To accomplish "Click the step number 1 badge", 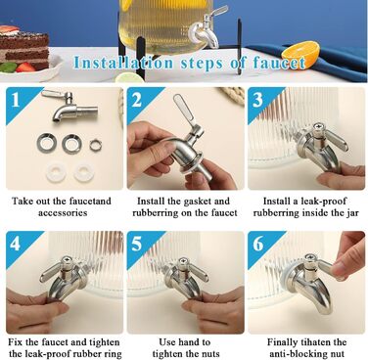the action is click(x=16, y=100).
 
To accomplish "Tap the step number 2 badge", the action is click(x=136, y=100).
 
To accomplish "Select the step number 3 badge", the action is click(x=257, y=100).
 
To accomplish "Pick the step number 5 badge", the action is click(x=136, y=244).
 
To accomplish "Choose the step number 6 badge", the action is click(x=257, y=244).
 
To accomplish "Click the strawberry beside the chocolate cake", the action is click(x=25, y=67).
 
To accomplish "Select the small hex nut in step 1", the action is click(x=96, y=145).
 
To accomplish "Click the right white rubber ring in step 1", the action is click(x=84, y=172).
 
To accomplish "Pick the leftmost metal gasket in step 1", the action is click(x=47, y=143).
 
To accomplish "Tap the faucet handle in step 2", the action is click(x=184, y=110).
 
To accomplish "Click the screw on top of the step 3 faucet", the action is click(x=316, y=127).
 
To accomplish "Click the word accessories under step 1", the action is click(x=63, y=213).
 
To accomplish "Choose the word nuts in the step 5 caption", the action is click(x=209, y=354).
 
